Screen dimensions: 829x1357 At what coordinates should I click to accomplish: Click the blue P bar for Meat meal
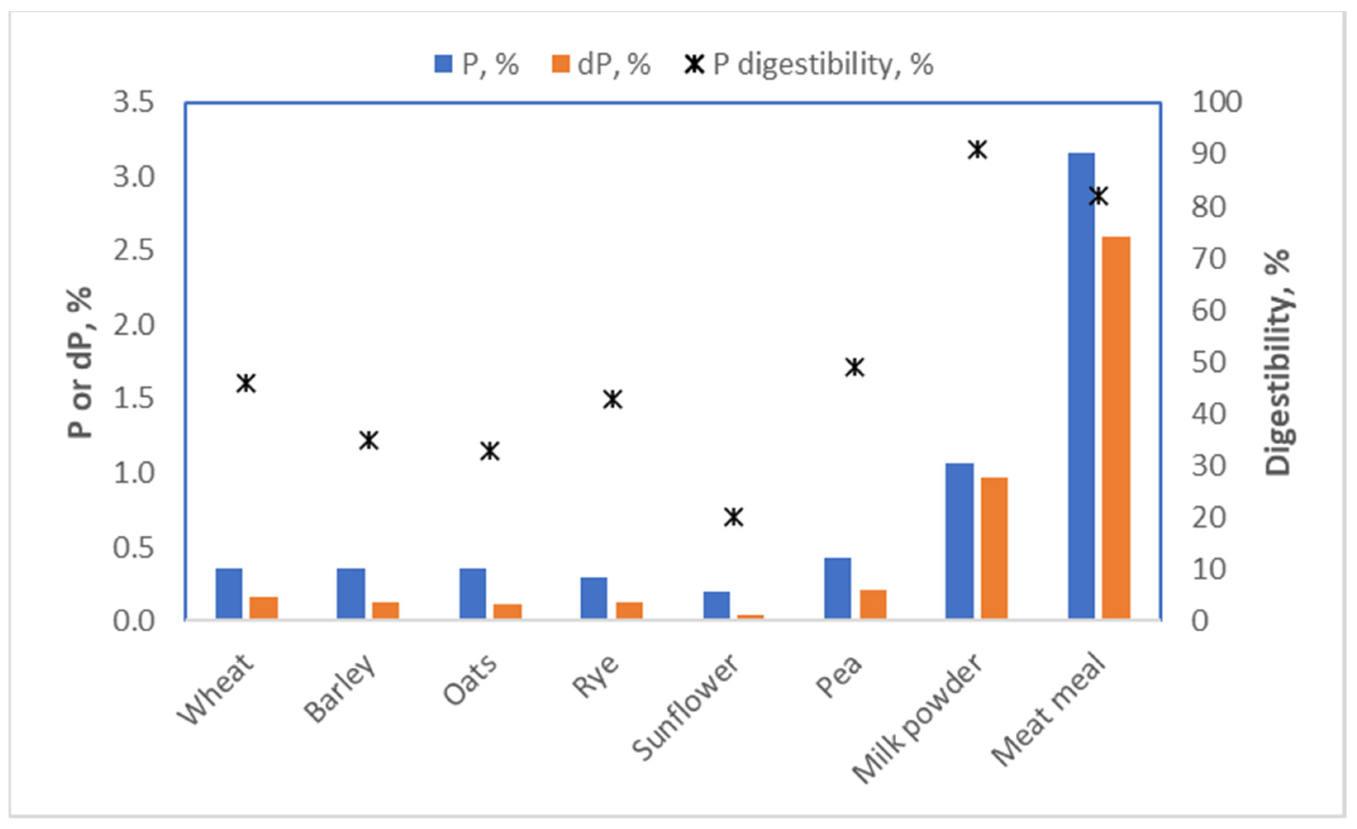(x=1081, y=386)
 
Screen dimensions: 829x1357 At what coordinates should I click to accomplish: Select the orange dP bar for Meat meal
(x=1116, y=428)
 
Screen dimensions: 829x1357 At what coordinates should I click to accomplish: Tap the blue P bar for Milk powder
(x=959, y=541)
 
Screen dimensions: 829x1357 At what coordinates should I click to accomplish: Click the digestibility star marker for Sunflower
(x=733, y=517)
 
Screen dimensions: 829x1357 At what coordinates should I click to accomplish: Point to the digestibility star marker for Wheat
(x=246, y=383)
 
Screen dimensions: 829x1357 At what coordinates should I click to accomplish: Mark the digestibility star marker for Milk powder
(x=978, y=149)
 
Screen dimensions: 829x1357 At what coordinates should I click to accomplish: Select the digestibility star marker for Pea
(x=855, y=367)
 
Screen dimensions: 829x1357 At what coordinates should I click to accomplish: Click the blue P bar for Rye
(x=594, y=598)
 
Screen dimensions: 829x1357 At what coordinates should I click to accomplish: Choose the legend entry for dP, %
(x=601, y=65)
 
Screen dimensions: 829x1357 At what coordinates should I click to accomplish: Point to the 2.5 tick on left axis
(x=133, y=251)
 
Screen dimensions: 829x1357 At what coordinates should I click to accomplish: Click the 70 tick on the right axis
(x=1208, y=259)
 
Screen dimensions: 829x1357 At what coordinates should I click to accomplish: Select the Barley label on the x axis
(x=340, y=689)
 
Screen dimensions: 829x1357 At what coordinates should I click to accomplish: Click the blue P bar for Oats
(x=473, y=593)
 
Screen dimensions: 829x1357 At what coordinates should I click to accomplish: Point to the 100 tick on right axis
(x=1217, y=103)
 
